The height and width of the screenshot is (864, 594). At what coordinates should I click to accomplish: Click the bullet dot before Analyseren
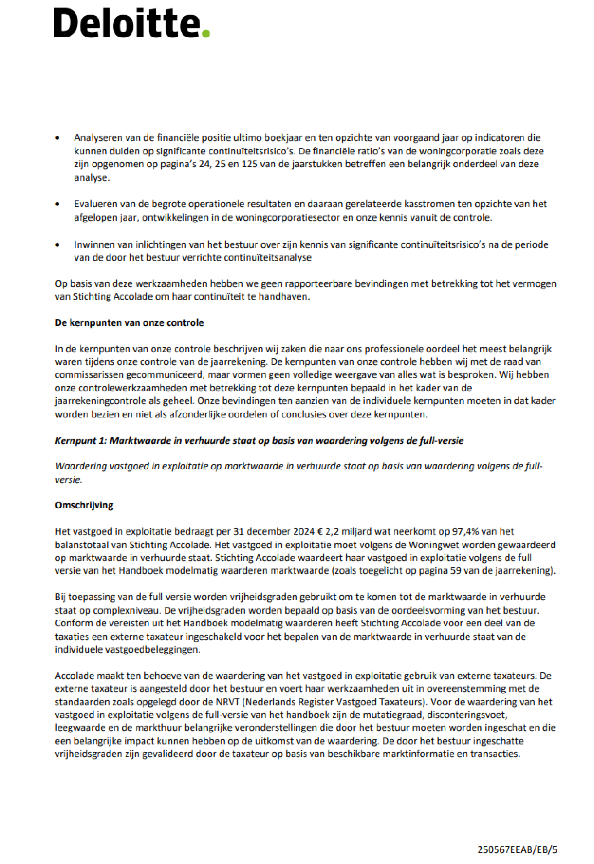57,138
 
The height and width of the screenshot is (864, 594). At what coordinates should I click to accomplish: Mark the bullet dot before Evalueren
57,204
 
